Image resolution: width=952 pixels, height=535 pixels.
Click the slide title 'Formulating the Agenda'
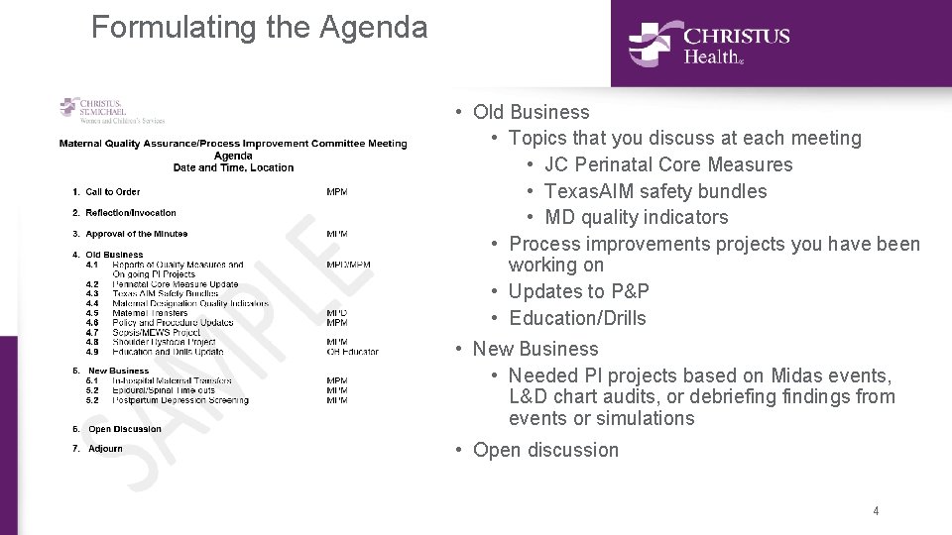click(259, 27)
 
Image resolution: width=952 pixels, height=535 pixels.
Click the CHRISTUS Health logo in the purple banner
click(708, 44)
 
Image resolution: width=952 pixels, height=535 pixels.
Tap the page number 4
click(876, 511)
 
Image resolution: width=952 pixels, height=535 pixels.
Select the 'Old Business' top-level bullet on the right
click(531, 112)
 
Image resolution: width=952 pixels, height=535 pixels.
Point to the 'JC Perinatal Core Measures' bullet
click(668, 164)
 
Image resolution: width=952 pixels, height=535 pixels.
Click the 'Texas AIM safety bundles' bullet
click(655, 191)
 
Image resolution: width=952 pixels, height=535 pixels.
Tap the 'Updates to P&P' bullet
click(578, 291)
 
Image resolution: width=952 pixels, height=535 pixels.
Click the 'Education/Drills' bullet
click(576, 318)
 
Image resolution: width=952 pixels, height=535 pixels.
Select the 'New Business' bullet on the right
click(535, 349)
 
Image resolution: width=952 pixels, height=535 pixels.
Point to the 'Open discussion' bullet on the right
click(545, 450)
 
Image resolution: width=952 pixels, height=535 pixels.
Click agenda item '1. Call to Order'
click(112, 192)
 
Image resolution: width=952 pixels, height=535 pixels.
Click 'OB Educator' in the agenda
click(352, 352)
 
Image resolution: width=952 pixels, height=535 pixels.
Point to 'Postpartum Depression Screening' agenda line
click(180, 400)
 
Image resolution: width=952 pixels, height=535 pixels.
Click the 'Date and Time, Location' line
click(233, 167)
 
